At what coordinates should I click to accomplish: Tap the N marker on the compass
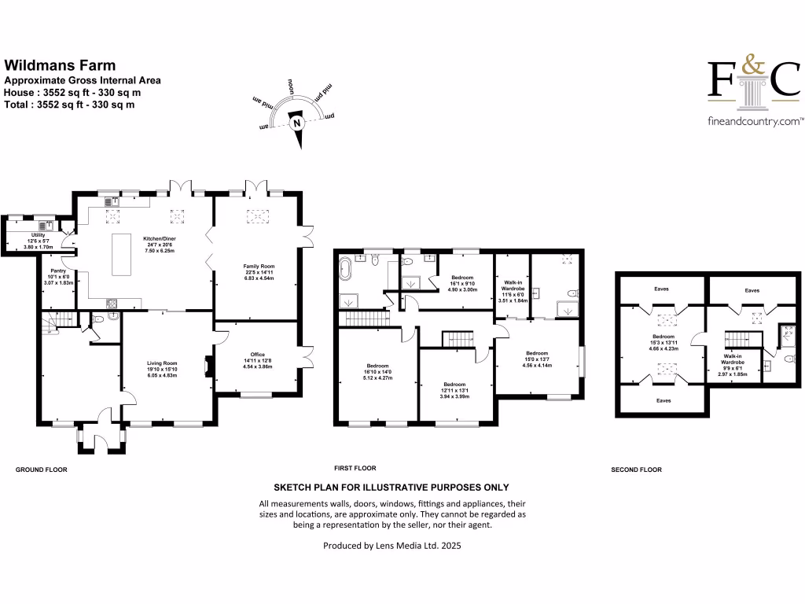tap(296, 123)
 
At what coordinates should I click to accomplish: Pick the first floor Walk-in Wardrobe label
tap(513, 287)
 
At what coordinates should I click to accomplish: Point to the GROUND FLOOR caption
tap(42, 470)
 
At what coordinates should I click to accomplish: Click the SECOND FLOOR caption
tap(636, 470)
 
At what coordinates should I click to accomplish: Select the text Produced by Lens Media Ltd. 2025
tap(391, 545)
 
